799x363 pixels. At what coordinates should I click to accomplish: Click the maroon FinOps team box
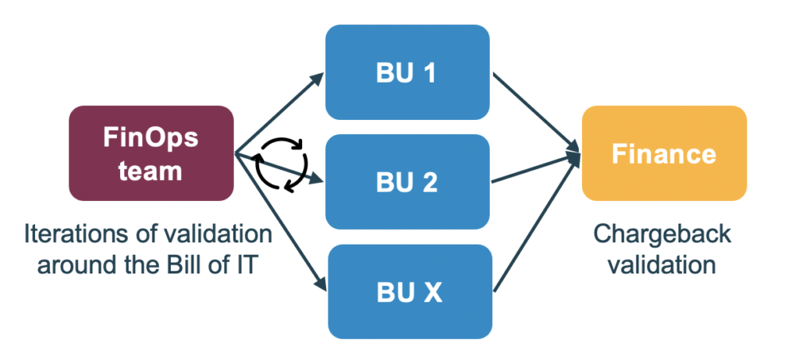tap(151, 153)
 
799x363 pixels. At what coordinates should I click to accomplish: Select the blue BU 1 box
tap(407, 73)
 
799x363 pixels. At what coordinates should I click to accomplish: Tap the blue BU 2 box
tap(407, 182)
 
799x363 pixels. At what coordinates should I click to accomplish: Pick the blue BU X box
tap(407, 293)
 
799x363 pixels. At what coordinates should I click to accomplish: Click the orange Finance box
tap(664, 153)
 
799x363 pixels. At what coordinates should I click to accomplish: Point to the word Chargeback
tap(663, 235)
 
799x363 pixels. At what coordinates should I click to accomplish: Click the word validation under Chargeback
tap(663, 264)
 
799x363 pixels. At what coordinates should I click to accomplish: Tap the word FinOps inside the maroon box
tap(151, 138)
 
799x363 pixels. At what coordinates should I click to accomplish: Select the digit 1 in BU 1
tap(430, 73)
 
